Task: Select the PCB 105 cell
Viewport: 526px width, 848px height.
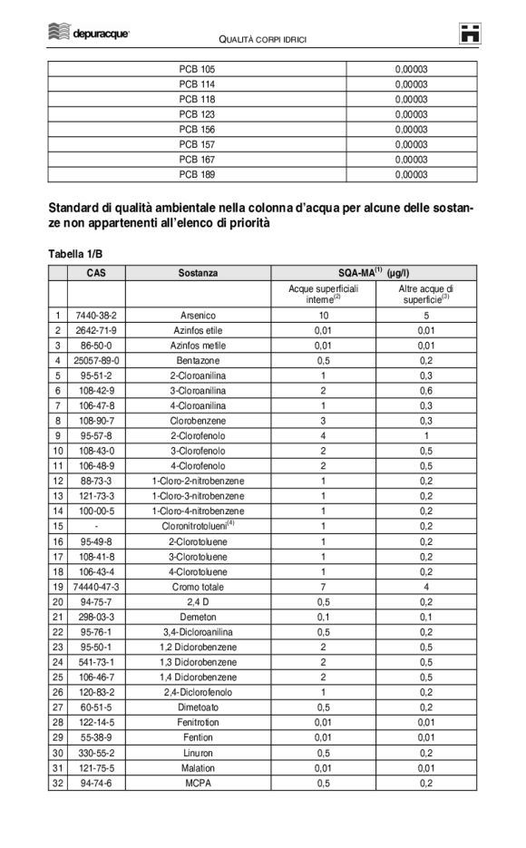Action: point(197,69)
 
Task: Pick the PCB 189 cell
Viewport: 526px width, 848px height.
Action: point(197,174)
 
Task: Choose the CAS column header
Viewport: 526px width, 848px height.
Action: point(95,272)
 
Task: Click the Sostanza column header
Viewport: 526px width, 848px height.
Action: point(198,272)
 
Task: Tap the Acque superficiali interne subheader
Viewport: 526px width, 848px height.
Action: point(323,293)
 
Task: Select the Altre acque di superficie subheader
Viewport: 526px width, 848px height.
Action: point(425,293)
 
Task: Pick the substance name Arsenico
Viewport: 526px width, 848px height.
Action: point(198,316)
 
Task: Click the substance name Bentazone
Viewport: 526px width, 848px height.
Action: point(198,359)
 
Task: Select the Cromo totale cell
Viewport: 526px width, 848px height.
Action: point(198,587)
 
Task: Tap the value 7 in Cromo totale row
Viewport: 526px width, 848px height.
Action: point(323,587)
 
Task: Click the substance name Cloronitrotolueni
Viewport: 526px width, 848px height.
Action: point(198,525)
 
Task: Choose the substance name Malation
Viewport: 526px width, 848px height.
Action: point(198,767)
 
